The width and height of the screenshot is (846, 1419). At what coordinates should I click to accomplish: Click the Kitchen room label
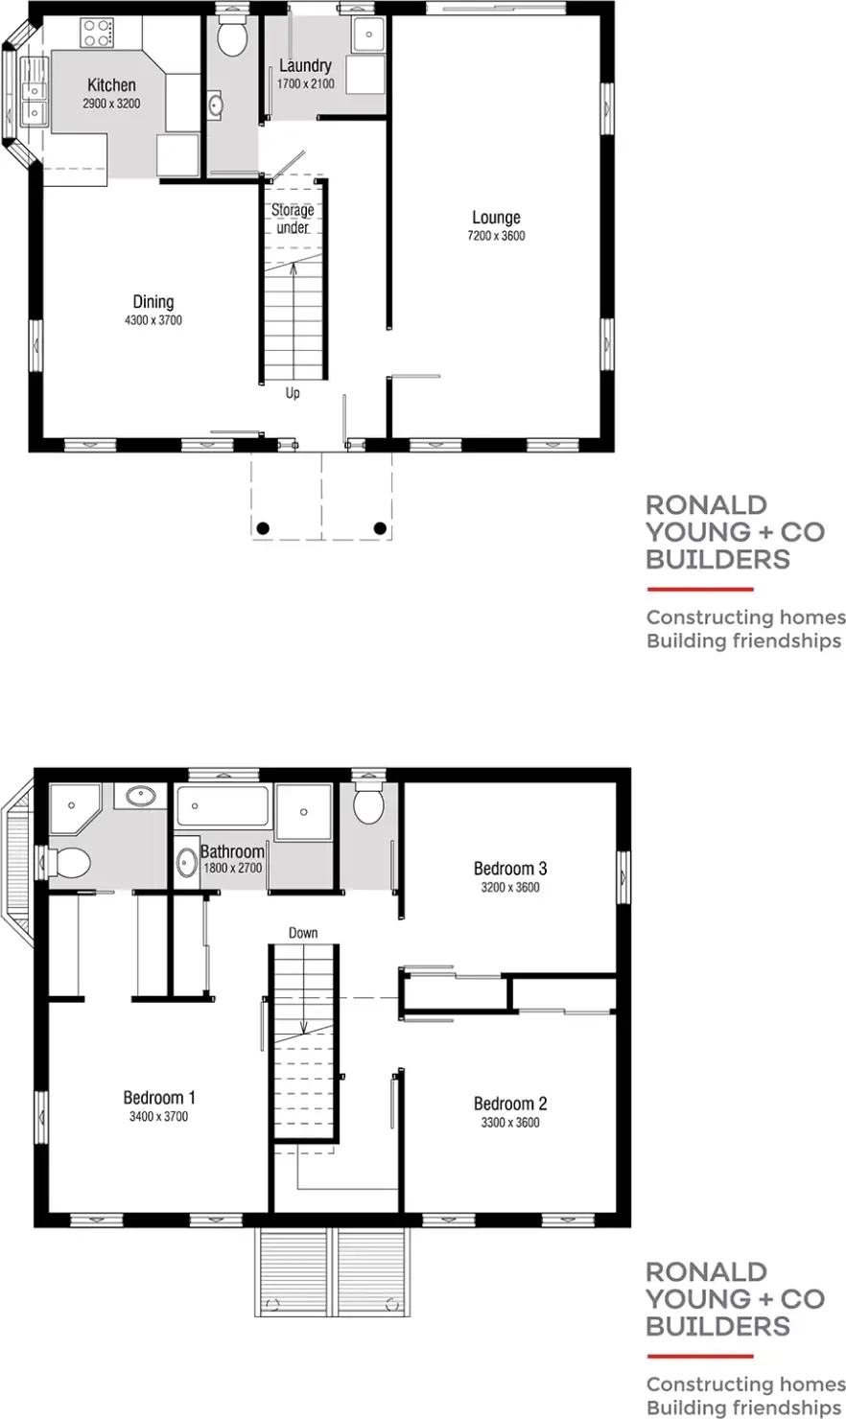[111, 85]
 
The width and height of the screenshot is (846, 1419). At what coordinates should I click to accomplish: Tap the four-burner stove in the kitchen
[96, 35]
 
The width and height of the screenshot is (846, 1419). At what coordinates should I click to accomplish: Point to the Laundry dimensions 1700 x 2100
[305, 84]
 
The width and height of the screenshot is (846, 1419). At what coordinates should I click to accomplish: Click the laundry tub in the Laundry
[367, 35]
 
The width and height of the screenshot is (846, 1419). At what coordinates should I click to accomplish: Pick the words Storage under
[293, 219]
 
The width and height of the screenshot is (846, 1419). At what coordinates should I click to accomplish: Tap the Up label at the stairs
[293, 393]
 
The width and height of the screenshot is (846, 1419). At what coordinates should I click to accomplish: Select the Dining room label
[153, 302]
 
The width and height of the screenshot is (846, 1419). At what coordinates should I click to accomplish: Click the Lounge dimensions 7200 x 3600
[496, 236]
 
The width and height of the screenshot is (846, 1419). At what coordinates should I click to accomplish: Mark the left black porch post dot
[262, 528]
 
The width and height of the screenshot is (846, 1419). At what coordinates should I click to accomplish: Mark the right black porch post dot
[380, 528]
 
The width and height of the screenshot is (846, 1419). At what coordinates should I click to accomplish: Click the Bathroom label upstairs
[232, 851]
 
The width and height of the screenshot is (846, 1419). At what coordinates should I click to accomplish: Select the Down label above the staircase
[303, 933]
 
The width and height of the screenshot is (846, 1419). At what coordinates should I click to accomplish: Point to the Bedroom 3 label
[510, 869]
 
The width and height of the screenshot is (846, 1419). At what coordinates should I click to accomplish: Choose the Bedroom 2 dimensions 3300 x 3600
[510, 1123]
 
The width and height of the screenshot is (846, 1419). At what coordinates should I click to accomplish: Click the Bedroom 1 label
[159, 1098]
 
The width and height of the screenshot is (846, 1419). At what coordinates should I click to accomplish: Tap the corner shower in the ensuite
[74, 807]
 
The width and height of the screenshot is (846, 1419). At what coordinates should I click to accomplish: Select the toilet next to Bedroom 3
[368, 803]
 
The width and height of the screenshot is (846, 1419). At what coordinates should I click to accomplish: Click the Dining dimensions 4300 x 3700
[153, 320]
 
